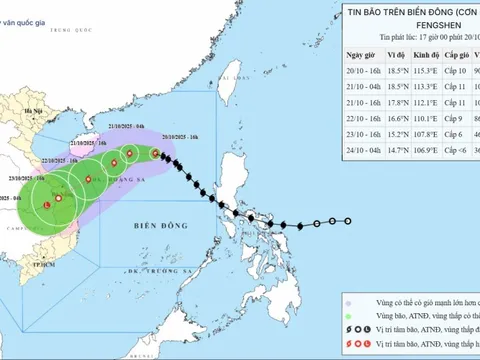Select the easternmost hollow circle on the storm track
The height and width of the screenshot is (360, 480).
349,222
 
